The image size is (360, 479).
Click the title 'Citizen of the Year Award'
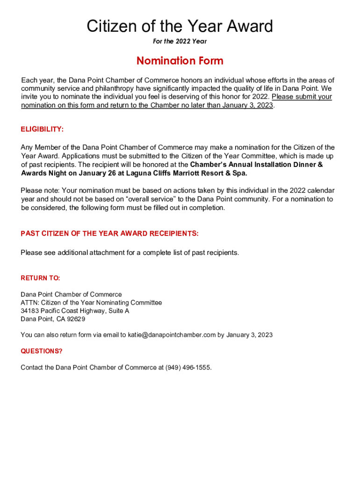click(180, 26)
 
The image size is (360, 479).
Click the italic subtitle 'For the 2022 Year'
click(180, 42)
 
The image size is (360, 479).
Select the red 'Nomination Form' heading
click(180, 61)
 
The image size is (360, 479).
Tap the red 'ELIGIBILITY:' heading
click(42, 129)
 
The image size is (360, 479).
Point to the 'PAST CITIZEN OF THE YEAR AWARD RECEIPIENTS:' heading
click(109, 233)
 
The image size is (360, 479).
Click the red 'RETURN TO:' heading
click(40, 278)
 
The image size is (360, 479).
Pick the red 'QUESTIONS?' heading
click(41, 351)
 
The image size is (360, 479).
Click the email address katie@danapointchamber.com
click(172, 335)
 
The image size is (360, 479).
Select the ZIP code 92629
click(76, 319)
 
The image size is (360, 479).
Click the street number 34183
click(29, 311)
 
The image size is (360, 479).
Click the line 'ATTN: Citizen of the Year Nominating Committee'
click(91, 303)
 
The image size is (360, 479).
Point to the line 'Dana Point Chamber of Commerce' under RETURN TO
click(71, 294)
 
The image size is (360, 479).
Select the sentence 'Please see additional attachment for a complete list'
click(130, 253)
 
